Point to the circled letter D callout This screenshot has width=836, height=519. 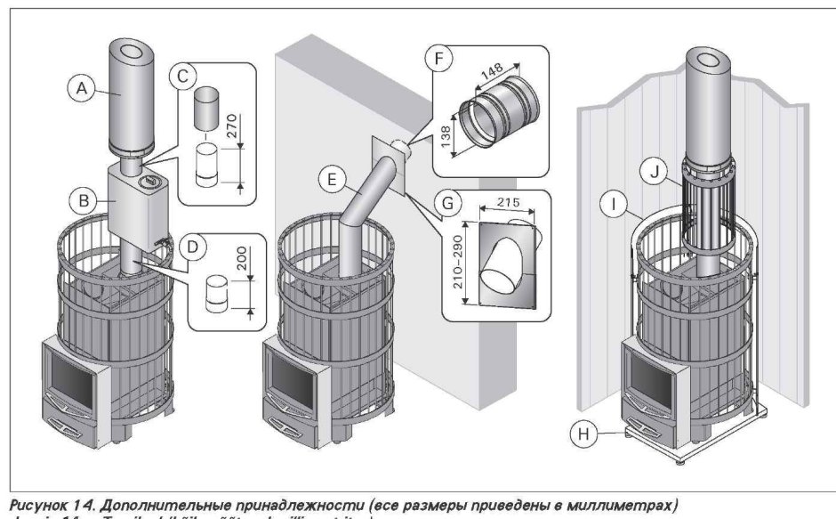coord(189,242)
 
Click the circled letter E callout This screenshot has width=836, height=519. coord(329,179)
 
